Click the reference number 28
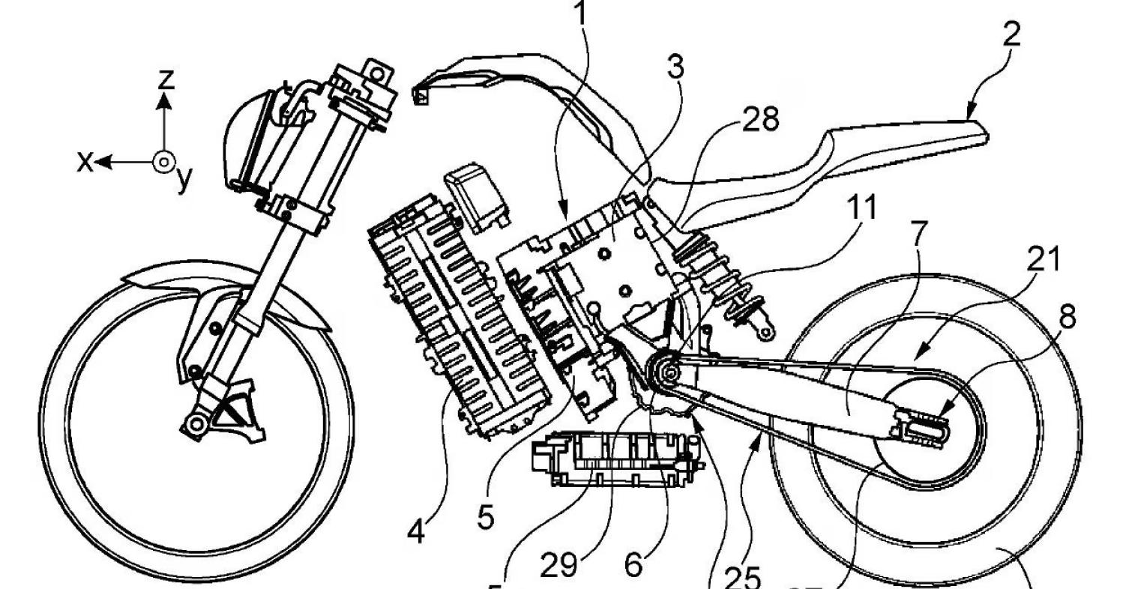760,120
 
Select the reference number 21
1044,259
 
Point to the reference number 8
1065,317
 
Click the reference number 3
675,68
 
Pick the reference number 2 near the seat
1011,35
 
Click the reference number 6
633,564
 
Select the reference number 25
744,577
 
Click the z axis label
166,78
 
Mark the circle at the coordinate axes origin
163,160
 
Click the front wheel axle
196,425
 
